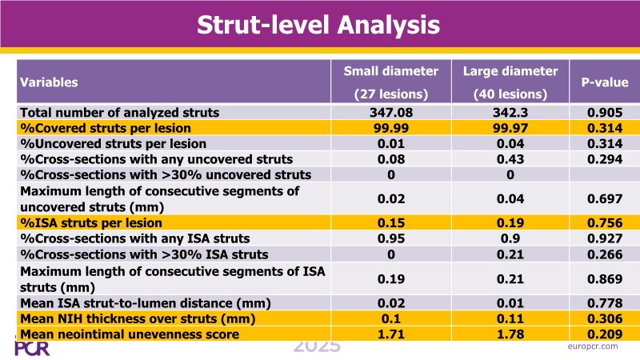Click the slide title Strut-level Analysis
click(319, 25)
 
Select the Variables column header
click(49, 82)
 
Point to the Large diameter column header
click(510, 82)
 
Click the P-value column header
click(604, 82)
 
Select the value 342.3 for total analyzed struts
click(510, 113)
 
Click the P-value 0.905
click(604, 113)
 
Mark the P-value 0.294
click(604, 159)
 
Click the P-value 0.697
click(604, 198)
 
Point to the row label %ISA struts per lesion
click(91, 222)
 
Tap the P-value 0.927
click(604, 238)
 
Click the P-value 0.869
click(604, 278)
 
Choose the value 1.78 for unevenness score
click(510, 332)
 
